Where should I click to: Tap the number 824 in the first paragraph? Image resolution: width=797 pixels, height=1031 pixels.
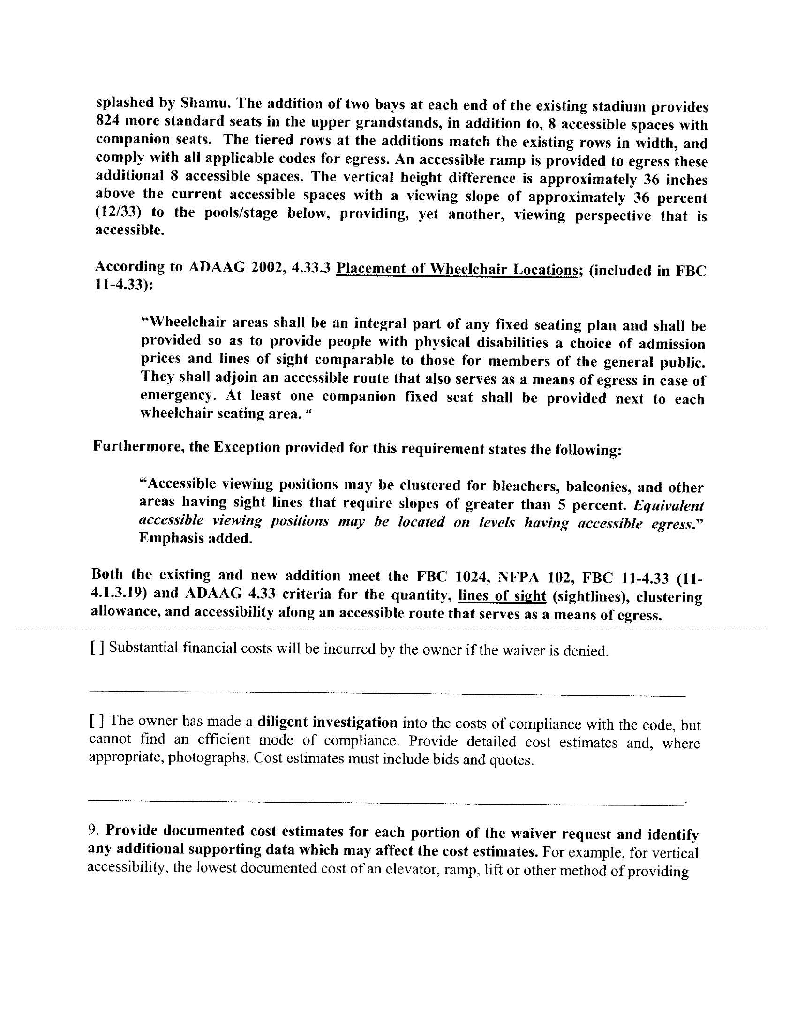[x=107, y=121]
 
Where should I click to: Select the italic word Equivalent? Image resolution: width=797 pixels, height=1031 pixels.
[x=668, y=505]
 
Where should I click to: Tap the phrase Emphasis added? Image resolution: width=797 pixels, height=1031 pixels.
[x=195, y=538]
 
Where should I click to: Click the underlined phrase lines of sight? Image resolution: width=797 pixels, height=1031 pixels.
[x=502, y=596]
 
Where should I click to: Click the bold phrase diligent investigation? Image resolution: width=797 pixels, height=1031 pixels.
[x=327, y=722]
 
